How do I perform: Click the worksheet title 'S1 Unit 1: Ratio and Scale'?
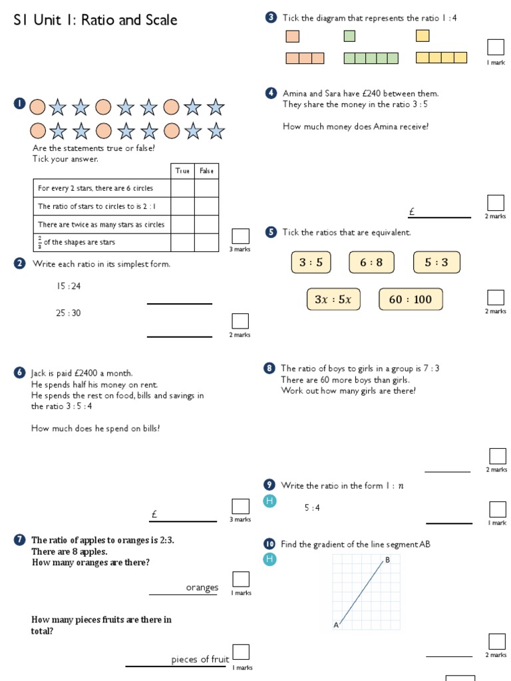click(96, 20)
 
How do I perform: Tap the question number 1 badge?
click(19, 104)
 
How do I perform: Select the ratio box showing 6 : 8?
click(371, 263)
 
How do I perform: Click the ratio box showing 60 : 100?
click(410, 299)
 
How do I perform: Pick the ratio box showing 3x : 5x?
click(333, 299)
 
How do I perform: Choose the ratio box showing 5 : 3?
click(436, 263)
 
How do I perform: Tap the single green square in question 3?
click(349, 36)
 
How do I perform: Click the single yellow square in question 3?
click(423, 36)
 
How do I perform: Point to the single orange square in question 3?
click(292, 36)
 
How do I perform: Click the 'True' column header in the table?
click(182, 171)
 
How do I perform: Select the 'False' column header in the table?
click(206, 171)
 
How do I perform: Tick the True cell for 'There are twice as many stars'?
click(182, 225)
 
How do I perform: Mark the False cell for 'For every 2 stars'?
click(206, 189)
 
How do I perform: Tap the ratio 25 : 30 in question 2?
click(69, 313)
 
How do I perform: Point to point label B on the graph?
click(387, 561)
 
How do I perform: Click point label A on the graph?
click(336, 624)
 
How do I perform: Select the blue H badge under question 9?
click(269, 501)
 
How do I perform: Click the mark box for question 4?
click(495, 203)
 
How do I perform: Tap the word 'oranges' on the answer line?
click(202, 588)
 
